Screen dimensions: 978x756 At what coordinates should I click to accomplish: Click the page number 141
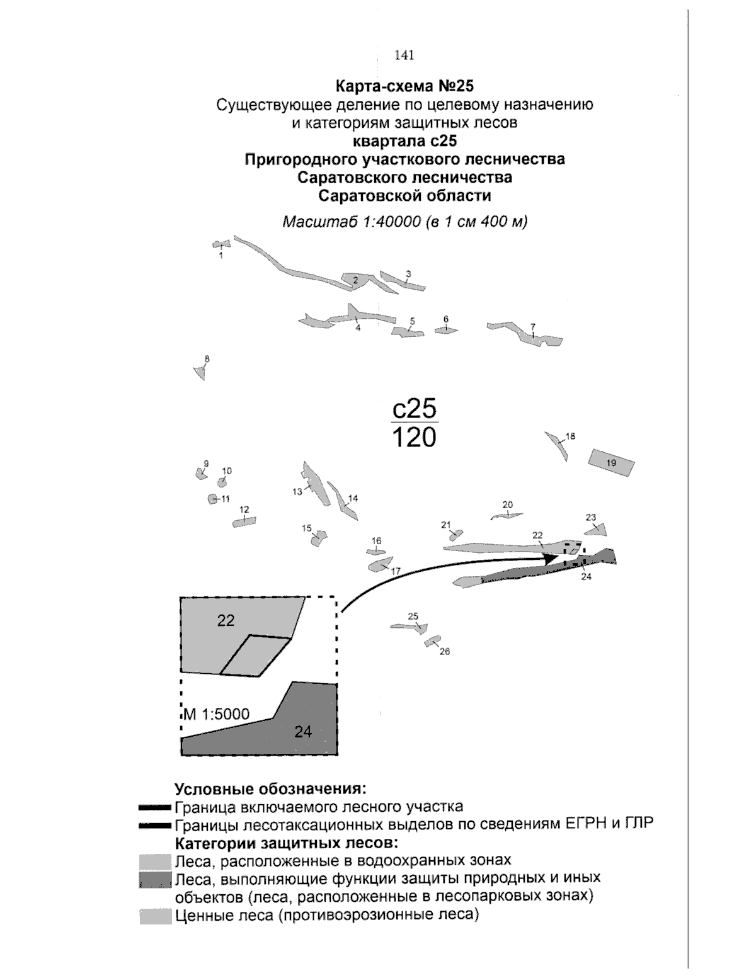[404, 55]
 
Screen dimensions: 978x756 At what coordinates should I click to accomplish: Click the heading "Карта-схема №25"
[404, 85]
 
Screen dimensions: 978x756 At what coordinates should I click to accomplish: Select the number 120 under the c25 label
[413, 437]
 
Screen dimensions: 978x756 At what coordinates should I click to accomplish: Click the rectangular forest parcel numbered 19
[610, 463]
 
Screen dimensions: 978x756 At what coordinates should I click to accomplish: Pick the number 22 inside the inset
[226, 620]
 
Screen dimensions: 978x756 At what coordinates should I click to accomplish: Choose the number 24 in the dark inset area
[303, 731]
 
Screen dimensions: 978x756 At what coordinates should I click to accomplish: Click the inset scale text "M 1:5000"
[217, 714]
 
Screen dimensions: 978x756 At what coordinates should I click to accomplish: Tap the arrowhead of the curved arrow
[553, 559]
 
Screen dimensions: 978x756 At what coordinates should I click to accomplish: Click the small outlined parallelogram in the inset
[256, 656]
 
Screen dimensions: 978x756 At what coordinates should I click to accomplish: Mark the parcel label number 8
[207, 359]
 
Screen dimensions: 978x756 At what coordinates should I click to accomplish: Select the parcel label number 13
[297, 492]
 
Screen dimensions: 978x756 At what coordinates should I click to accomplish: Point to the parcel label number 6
[446, 319]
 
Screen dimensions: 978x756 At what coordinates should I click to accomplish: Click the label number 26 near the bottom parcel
[445, 652]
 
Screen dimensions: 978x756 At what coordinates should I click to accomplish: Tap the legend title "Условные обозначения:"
[270, 789]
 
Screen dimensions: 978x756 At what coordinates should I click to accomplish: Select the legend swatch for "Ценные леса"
[156, 916]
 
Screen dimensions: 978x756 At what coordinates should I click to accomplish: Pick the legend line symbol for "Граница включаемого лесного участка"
[155, 807]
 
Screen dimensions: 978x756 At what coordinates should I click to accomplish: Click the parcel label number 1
[220, 256]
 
